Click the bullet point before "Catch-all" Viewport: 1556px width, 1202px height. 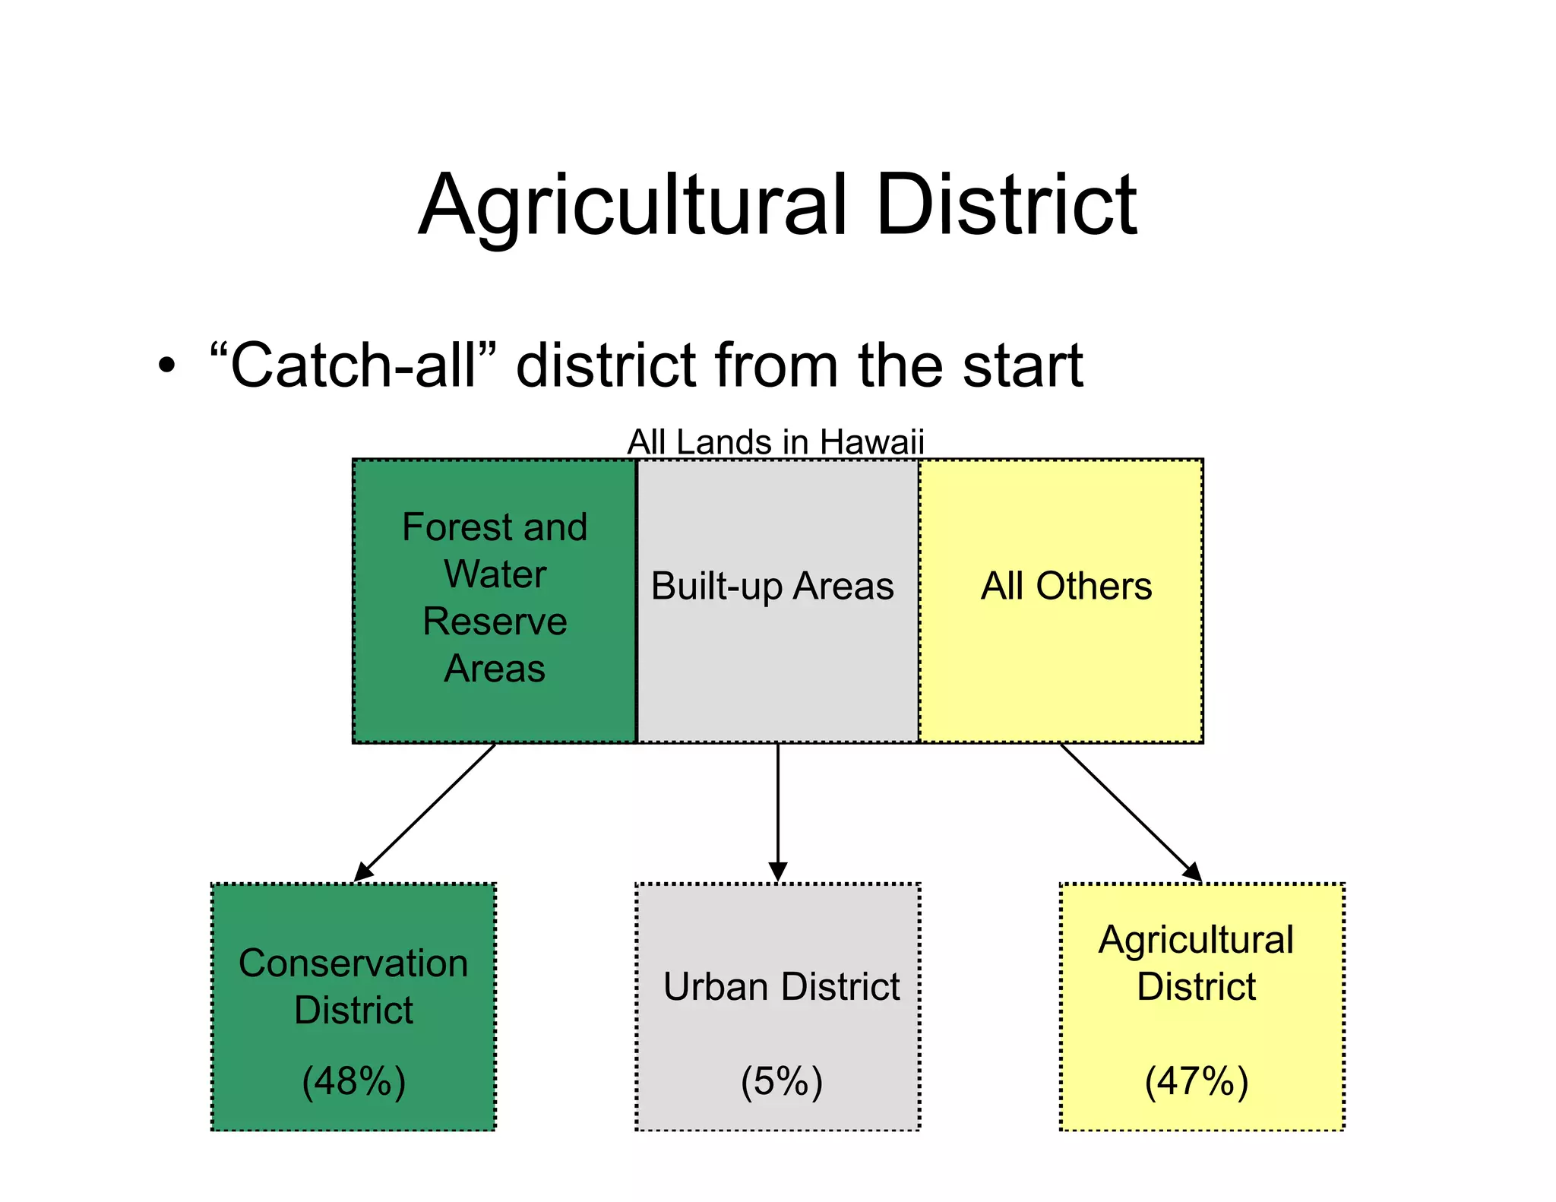point(166,366)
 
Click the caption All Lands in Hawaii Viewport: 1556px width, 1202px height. point(776,442)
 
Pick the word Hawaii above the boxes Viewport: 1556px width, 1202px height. point(871,442)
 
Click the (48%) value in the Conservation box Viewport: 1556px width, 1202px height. point(353,1080)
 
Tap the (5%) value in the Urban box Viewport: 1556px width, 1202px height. point(782,1080)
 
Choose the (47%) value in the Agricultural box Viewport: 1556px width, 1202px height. point(1197,1080)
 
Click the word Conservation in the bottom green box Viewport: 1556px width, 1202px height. point(353,963)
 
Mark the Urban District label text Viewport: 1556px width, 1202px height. point(781,986)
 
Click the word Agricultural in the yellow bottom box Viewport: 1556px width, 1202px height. point(1196,940)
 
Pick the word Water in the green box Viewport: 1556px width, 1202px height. point(495,574)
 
